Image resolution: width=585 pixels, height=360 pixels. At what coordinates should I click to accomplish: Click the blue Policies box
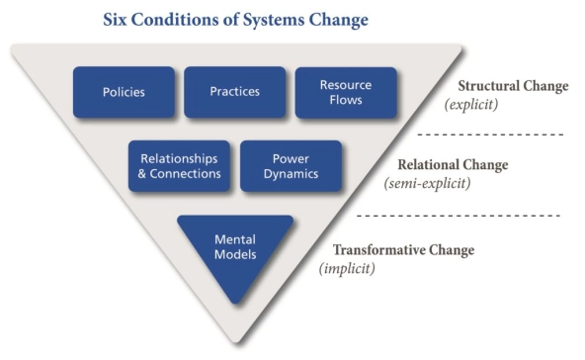tap(124, 92)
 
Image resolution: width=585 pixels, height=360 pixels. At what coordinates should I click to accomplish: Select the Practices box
tap(234, 92)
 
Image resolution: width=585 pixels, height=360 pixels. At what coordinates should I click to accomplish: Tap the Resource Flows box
tap(346, 92)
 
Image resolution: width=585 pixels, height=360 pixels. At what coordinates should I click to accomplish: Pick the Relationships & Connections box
tap(179, 165)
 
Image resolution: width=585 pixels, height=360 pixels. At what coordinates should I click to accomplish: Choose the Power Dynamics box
tap(291, 165)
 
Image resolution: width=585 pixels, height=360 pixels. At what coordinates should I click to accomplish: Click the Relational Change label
tap(452, 165)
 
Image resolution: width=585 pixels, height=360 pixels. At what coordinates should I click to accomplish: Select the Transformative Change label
tap(402, 250)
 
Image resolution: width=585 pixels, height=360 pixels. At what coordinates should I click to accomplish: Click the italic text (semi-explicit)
tap(427, 183)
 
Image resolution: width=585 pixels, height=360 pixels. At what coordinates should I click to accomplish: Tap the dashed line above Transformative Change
tap(457, 215)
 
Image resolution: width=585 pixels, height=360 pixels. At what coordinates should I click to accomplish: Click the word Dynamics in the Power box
tap(291, 174)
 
